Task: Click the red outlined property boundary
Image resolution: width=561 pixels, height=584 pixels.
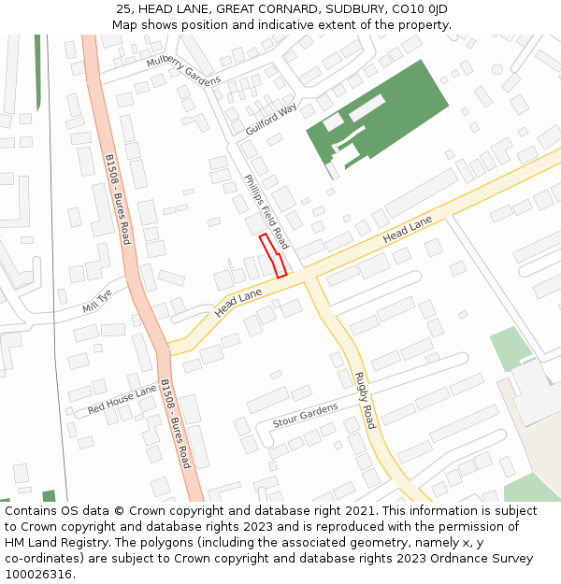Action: click(x=272, y=255)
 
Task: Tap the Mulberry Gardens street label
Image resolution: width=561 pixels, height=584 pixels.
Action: click(x=183, y=70)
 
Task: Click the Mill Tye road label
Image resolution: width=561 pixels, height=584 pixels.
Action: click(x=96, y=300)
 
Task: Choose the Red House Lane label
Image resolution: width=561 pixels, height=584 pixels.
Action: click(x=122, y=401)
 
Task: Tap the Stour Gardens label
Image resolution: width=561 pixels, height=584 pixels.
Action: click(x=305, y=416)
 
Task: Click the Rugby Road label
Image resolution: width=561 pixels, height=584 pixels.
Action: click(x=364, y=400)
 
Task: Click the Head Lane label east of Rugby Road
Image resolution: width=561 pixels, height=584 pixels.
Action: click(x=407, y=230)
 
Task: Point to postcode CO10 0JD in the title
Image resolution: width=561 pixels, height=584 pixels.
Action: click(x=419, y=9)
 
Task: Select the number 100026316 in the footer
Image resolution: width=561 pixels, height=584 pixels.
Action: click(x=37, y=574)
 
